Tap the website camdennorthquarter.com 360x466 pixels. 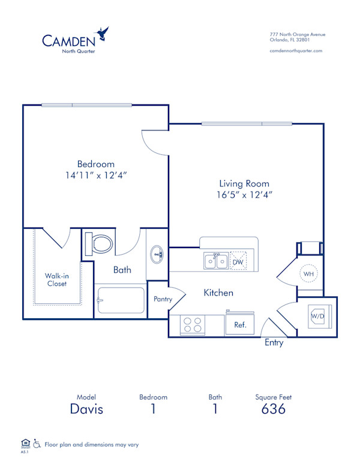coord(296,51)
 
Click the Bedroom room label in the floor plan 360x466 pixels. coord(95,164)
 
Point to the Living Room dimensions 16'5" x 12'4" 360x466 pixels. coord(244,194)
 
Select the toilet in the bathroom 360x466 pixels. coord(100,244)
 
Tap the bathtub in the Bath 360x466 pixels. coord(120,300)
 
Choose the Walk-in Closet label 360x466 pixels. coord(56,280)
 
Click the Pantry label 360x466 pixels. coord(163,298)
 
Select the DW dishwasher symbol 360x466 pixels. coord(238,261)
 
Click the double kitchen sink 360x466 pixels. coord(215,261)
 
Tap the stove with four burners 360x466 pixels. coord(192,325)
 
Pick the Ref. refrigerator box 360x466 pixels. coord(239,324)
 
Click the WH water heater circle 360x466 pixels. coord(309,274)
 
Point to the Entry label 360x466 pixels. coord(274,343)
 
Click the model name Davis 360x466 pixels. coord(86,410)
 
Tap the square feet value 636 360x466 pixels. coord(273,410)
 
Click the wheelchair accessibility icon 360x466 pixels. coord(37,444)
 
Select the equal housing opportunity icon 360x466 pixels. coord(25,443)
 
